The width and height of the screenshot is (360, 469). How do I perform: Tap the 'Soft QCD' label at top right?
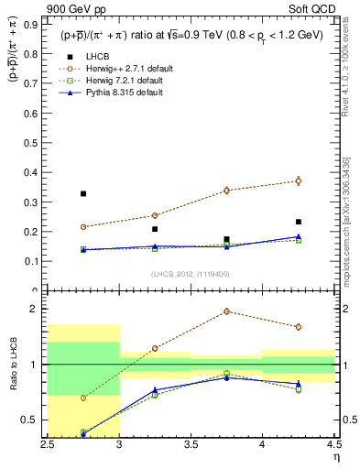(x=315, y=10)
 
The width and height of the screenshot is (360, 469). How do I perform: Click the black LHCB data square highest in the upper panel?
(x=82, y=193)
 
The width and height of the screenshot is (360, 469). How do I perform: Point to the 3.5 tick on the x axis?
(x=191, y=444)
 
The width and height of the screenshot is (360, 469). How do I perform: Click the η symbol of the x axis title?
(x=335, y=457)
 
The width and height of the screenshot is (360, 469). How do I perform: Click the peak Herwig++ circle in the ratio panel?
(x=226, y=311)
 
